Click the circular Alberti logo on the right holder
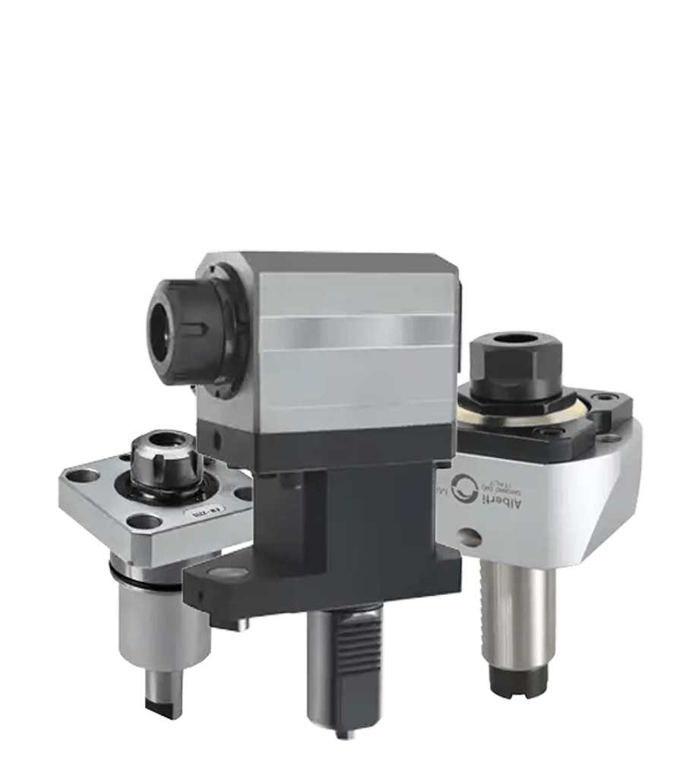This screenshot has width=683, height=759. pyautogui.click(x=464, y=487)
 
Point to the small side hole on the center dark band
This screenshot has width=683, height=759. pyautogui.click(x=218, y=439)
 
